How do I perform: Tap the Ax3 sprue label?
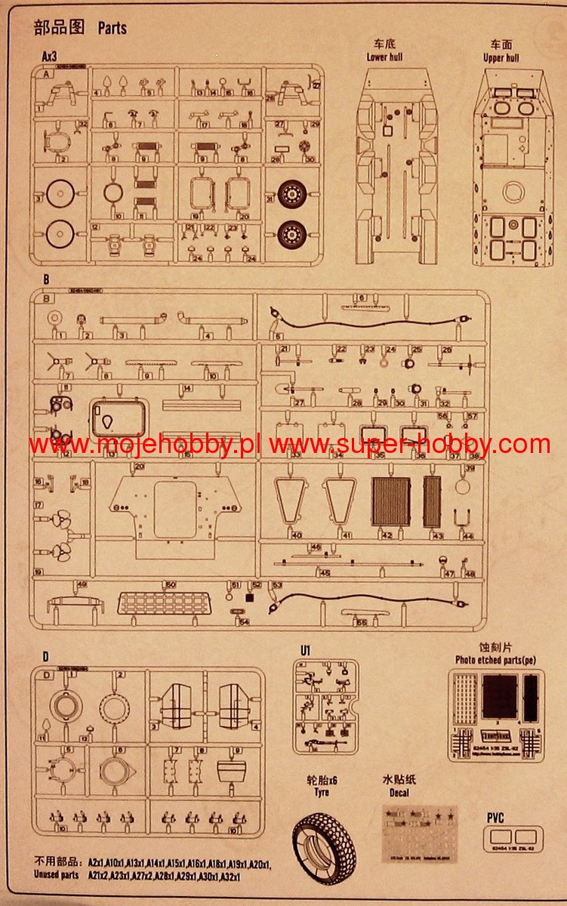tap(50, 57)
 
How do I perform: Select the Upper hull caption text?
tap(501, 57)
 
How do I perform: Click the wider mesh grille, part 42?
tap(391, 501)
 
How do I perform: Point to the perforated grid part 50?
tap(163, 602)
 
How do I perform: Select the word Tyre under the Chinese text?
tap(322, 792)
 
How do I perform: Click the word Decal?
tap(399, 792)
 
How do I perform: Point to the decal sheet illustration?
tap(420, 834)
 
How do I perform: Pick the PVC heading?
tap(495, 817)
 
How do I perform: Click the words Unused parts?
tap(56, 875)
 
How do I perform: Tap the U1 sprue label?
tap(305, 651)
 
